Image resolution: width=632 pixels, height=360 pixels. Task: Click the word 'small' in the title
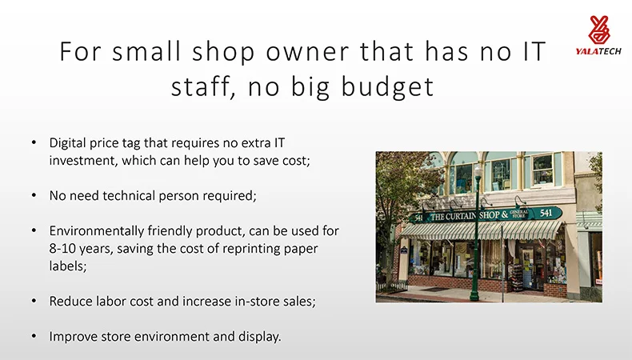[x=146, y=52]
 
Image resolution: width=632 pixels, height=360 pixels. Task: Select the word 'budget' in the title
[x=388, y=87]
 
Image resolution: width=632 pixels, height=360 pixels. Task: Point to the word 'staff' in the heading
[x=203, y=87]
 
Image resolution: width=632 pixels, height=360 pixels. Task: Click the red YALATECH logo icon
[x=598, y=30]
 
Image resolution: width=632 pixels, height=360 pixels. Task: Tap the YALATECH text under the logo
[x=598, y=51]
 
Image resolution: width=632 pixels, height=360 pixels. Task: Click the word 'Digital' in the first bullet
[x=67, y=143]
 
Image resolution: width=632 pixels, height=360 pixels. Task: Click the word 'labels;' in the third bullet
[x=68, y=266]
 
